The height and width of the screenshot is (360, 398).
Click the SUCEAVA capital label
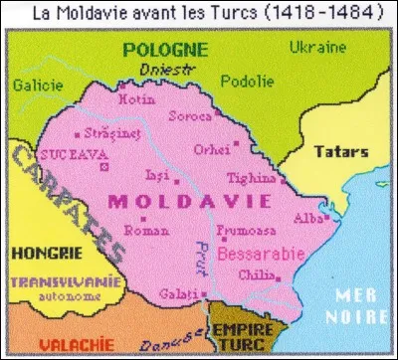[x=67, y=154]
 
